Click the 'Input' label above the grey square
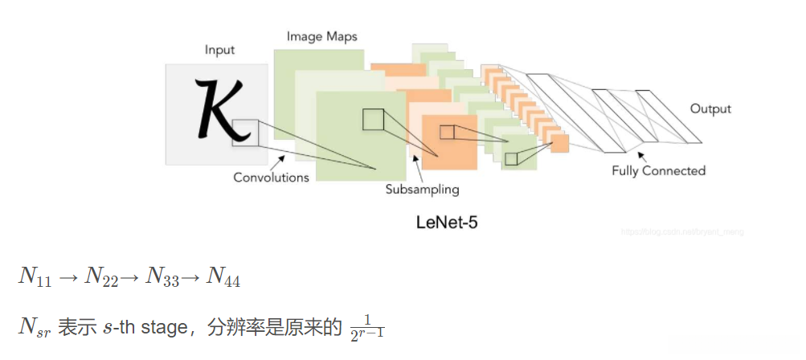219,50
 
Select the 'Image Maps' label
321,36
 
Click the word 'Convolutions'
271,178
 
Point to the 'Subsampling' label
421,190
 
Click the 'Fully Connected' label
658,170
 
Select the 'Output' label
710,109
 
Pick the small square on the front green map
374,119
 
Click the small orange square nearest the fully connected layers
560,143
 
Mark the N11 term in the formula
35,277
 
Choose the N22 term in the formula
100,277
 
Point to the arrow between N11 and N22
68,277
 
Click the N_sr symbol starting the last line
35,327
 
